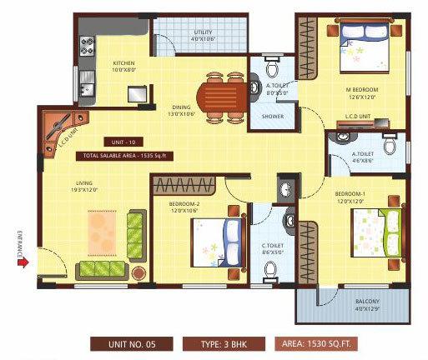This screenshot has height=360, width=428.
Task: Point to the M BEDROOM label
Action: (365, 89)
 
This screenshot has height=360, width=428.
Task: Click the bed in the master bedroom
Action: (360, 47)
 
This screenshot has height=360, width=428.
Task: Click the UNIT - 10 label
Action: (121, 141)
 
